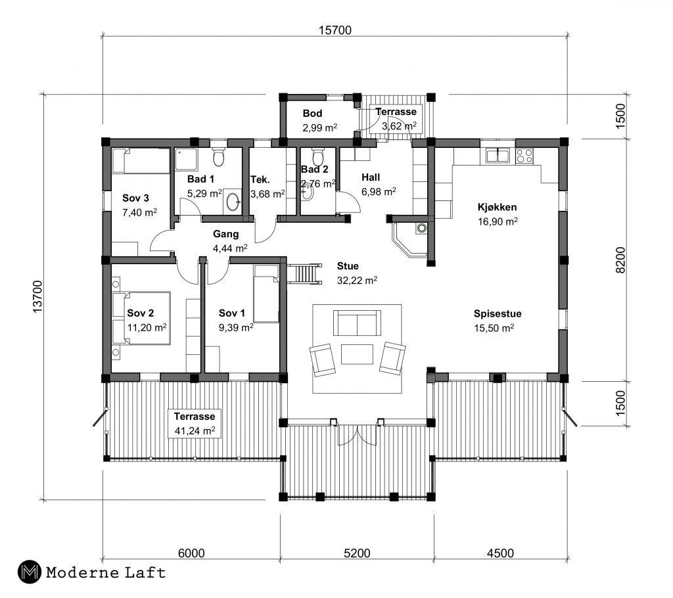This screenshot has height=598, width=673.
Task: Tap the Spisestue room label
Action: [x=494, y=313]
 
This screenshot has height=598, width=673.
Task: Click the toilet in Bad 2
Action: [x=318, y=158]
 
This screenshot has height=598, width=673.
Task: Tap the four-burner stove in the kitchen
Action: [x=524, y=156]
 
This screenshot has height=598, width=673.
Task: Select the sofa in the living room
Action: [x=357, y=323]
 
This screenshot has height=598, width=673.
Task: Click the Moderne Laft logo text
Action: [x=105, y=572]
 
